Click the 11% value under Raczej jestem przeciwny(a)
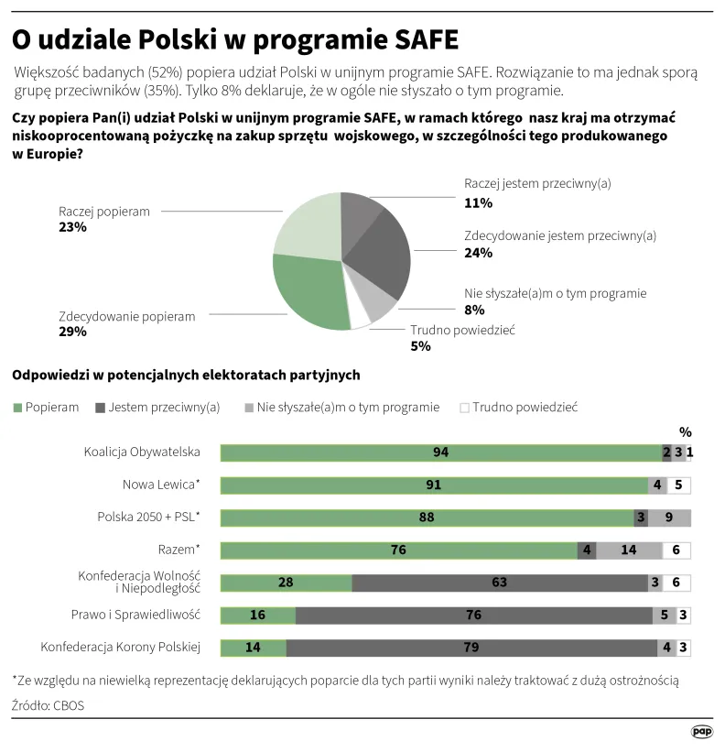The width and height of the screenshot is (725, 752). tap(478, 202)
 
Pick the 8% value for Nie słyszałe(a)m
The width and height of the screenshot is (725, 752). tap(473, 310)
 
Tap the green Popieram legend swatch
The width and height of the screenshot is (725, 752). tap(17, 407)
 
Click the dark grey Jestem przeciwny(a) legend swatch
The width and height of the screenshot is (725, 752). tap(101, 407)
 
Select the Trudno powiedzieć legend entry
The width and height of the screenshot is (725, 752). tap(518, 407)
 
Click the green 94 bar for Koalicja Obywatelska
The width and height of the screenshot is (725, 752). tap(439, 452)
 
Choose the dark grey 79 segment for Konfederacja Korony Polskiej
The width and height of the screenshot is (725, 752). tap(471, 648)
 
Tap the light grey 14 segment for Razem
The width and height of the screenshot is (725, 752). tap(628, 550)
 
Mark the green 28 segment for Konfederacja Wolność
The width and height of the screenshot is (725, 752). tap(286, 583)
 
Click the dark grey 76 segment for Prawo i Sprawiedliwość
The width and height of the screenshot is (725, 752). tap(473, 616)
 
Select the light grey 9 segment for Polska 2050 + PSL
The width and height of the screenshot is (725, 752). tap(669, 518)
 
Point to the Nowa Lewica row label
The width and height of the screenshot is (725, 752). tap(161, 485)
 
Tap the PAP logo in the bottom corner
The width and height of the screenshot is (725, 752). tap(701, 732)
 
